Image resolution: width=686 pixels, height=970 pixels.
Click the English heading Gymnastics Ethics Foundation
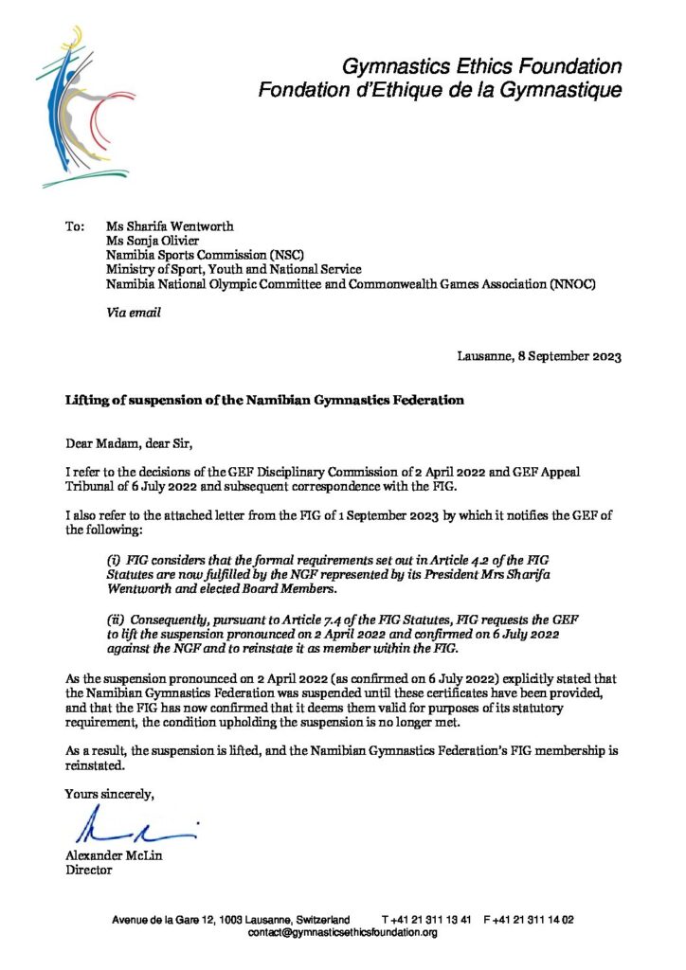coord(481,67)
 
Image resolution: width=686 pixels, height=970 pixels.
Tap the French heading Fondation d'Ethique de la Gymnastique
coord(441,91)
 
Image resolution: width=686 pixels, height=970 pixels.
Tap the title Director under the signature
coord(88,871)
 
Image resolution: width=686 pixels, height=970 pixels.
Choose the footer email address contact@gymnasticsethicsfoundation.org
coord(342,933)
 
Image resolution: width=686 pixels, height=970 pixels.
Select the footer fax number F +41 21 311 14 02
coord(529,920)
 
